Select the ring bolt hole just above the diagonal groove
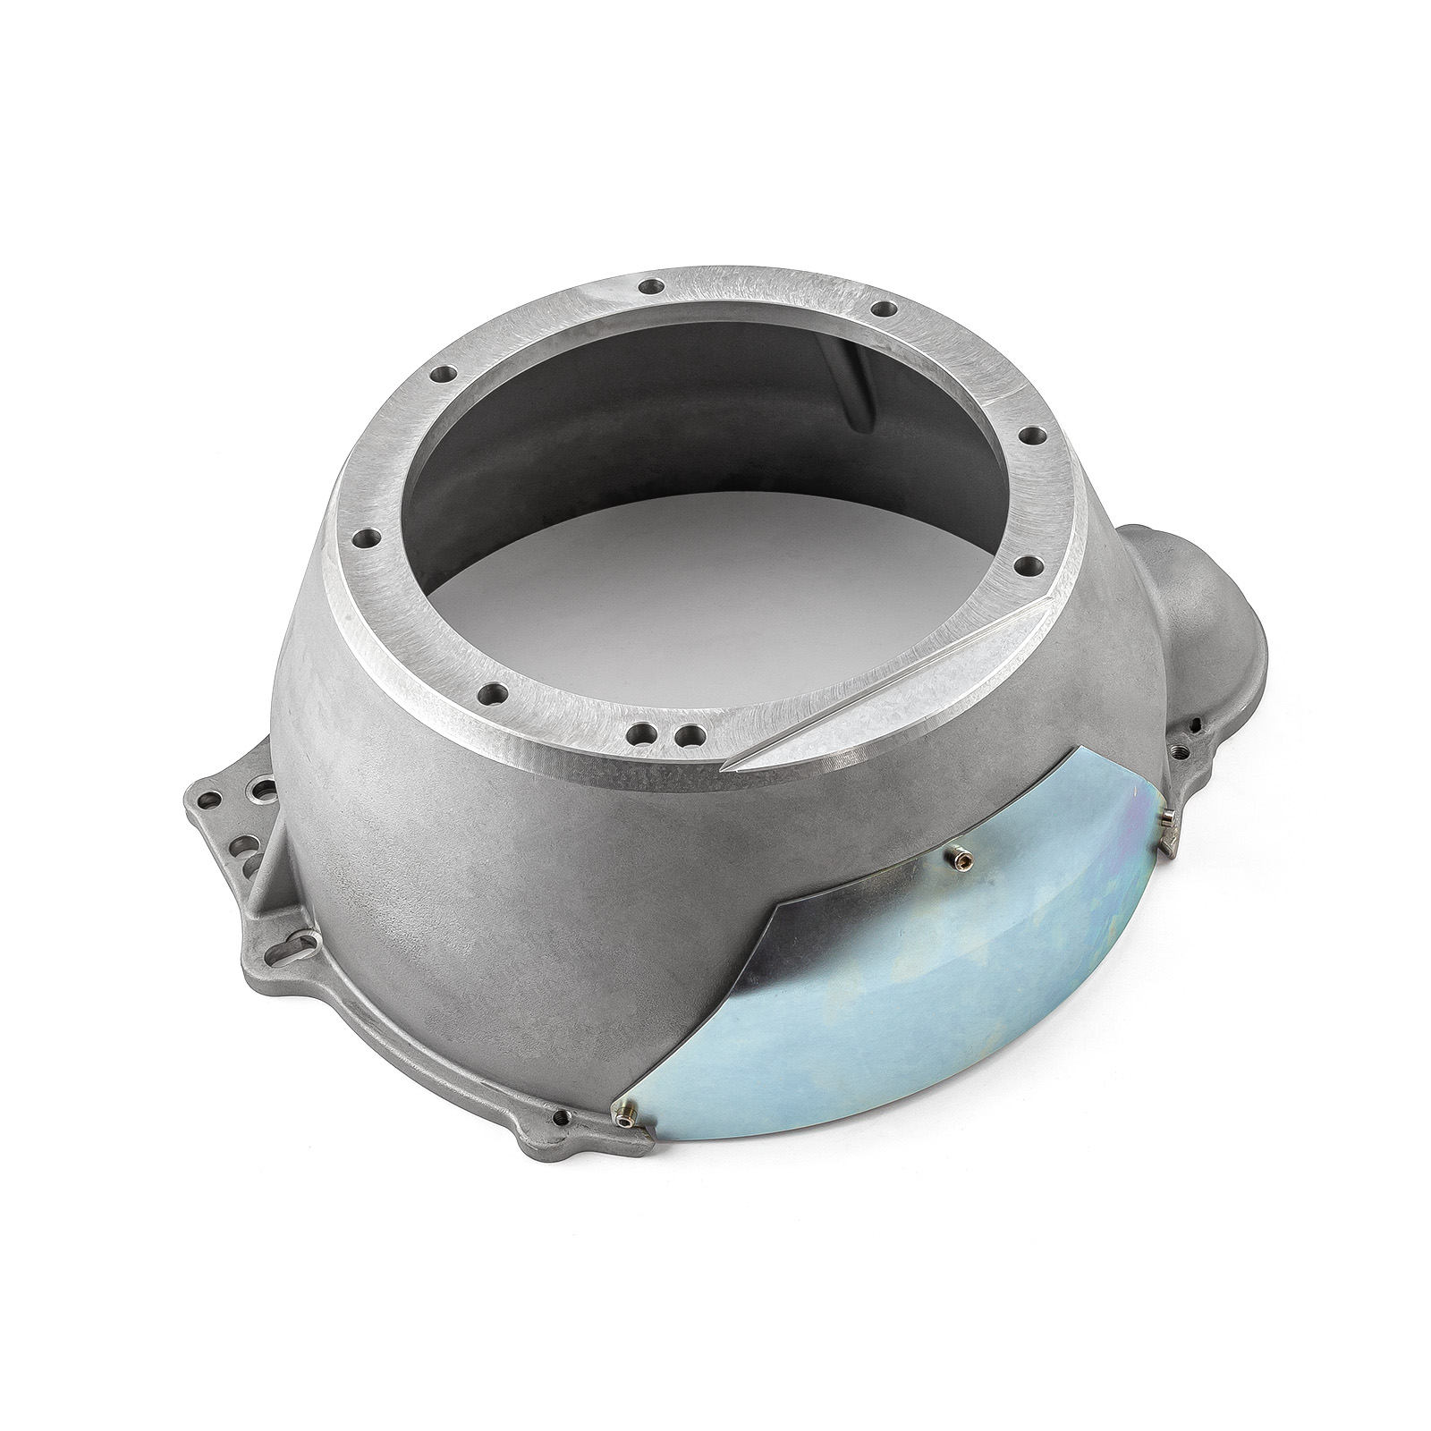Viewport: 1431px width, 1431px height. (x=1027, y=563)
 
